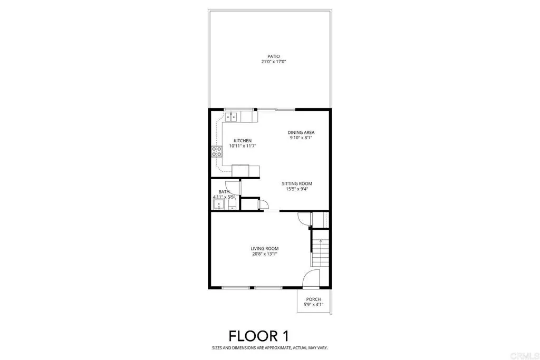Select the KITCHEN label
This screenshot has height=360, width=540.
tap(243, 141)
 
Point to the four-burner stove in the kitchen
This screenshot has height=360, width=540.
tap(216, 152)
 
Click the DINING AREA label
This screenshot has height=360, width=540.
tap(301, 132)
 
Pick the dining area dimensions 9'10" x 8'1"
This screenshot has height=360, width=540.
tap(301, 138)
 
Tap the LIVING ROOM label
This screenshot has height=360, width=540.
tap(264, 248)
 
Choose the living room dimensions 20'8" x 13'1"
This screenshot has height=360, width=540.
tap(264, 254)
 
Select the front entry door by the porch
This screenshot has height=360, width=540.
tap(312, 278)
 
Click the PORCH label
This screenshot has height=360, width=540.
tap(313, 299)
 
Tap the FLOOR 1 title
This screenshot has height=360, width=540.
tap(258, 336)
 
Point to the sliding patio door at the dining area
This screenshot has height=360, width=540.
tap(276, 110)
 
